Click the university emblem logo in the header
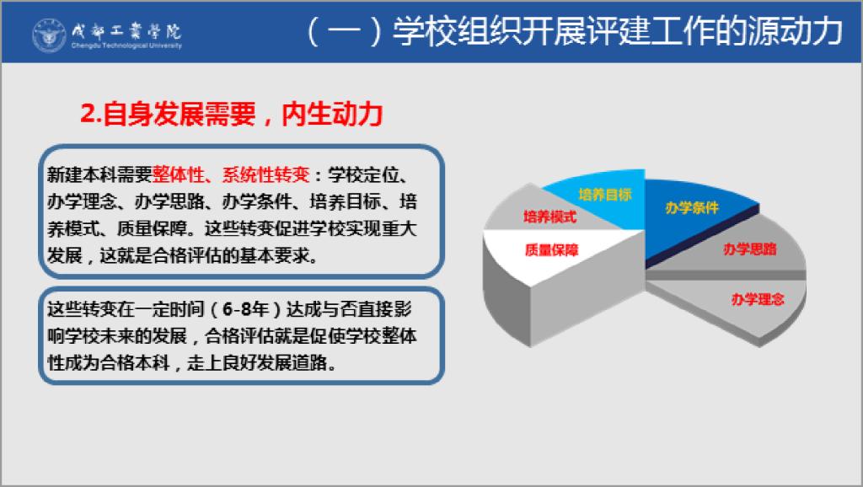click(49, 35)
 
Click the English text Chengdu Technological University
click(126, 45)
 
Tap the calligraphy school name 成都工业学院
click(126, 30)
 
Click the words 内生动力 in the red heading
click(332, 114)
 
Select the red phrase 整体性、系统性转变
click(231, 174)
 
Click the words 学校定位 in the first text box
click(362, 174)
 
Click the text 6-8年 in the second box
click(245, 308)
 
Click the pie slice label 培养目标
click(604, 195)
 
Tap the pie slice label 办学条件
click(692, 207)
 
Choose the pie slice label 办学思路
click(749, 249)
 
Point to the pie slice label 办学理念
click(758, 299)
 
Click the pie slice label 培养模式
click(549, 217)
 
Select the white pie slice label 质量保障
click(551, 250)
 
